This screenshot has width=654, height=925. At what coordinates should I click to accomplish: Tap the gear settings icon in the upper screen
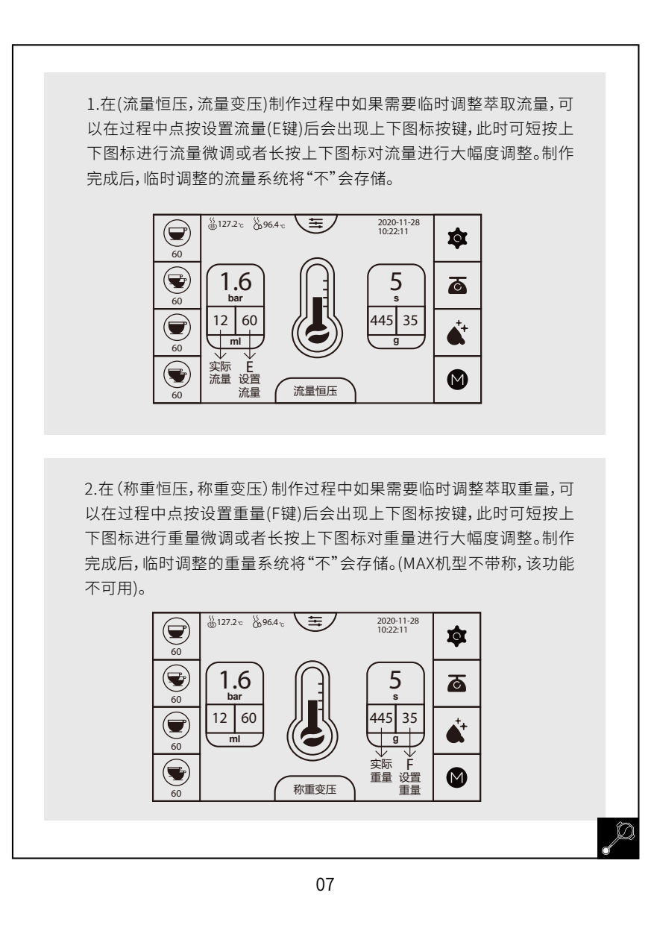pyautogui.click(x=457, y=238)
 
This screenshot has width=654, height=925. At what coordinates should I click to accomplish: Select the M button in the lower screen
pyautogui.click(x=456, y=777)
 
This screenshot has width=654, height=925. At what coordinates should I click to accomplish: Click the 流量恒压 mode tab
pyautogui.click(x=315, y=391)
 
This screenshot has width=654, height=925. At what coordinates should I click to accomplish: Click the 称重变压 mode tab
pyautogui.click(x=315, y=789)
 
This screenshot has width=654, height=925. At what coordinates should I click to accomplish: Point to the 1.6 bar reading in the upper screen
pyautogui.click(x=236, y=286)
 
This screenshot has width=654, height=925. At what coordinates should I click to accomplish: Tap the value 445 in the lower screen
pyautogui.click(x=381, y=718)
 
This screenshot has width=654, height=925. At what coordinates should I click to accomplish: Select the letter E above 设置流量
pyautogui.click(x=249, y=367)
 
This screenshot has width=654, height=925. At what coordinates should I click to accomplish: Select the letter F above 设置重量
pyautogui.click(x=409, y=764)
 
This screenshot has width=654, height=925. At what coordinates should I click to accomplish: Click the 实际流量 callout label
pyautogui.click(x=220, y=372)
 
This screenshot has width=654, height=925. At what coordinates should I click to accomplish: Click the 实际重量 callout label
pyautogui.click(x=381, y=771)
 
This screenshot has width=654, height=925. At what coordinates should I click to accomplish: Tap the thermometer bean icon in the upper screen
pyautogui.click(x=317, y=307)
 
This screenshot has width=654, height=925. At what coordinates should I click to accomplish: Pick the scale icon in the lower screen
pyautogui.click(x=456, y=683)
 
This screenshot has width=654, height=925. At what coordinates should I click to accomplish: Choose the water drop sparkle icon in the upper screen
pyautogui.click(x=457, y=332)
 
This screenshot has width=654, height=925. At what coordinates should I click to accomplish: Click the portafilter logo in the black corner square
pyautogui.click(x=618, y=838)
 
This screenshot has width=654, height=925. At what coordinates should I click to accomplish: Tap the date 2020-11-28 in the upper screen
pyautogui.click(x=398, y=222)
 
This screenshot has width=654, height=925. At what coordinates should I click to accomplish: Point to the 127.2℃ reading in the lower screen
pyautogui.click(x=225, y=622)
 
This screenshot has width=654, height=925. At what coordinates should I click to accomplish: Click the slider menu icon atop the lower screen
pyautogui.click(x=315, y=621)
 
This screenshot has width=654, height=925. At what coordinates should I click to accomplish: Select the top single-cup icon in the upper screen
pyautogui.click(x=177, y=233)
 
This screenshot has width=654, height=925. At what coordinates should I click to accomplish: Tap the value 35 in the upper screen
pyautogui.click(x=410, y=321)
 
